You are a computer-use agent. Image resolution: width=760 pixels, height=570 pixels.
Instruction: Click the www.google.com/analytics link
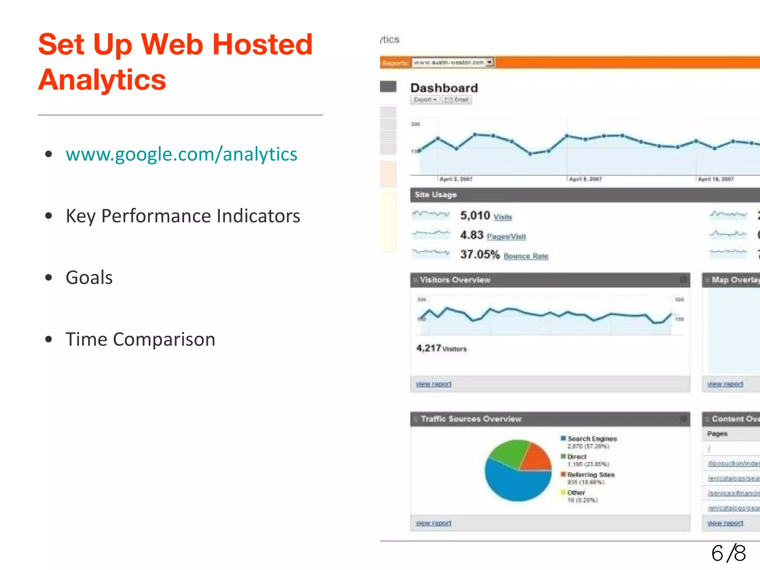coord(181,154)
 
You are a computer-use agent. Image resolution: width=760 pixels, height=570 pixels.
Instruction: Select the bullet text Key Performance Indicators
coord(183,216)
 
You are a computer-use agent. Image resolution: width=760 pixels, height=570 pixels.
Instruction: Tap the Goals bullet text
coord(89,278)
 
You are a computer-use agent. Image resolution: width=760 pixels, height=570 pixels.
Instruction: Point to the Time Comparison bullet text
coord(140,339)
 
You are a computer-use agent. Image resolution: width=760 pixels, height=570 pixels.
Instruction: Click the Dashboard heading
coord(444,88)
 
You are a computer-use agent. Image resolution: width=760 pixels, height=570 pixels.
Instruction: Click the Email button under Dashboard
coord(457,99)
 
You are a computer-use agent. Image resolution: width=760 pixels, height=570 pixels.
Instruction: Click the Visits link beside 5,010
coord(503,217)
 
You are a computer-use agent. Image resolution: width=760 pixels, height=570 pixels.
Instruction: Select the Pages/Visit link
coord(507,236)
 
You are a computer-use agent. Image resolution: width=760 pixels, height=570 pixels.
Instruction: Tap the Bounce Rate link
coord(526,256)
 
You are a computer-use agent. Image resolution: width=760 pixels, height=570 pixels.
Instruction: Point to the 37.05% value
coord(480,255)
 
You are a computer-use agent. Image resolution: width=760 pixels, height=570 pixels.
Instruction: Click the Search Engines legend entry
coord(592,439)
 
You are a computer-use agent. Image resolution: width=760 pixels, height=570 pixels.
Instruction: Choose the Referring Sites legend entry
coord(591,475)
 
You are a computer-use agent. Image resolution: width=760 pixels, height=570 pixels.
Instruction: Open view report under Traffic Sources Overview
coord(433,523)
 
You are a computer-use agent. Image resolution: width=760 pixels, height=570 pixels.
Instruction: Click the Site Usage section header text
coord(436,195)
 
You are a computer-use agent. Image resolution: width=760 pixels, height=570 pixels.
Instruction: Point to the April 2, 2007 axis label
coord(456,179)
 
